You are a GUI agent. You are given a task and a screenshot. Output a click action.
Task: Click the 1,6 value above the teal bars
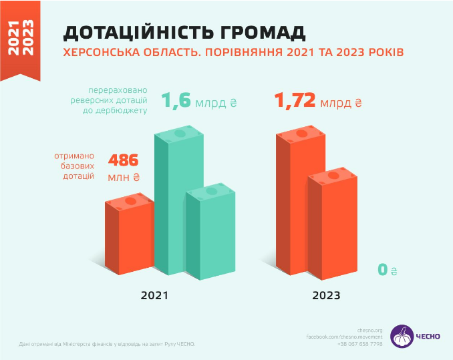point(176,102)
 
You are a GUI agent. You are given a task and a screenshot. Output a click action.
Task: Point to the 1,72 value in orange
point(294,102)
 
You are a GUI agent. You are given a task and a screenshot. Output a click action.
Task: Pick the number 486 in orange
point(123,161)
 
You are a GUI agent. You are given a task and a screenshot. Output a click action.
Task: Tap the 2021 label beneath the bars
point(154,295)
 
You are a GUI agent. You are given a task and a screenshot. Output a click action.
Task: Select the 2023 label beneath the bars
point(326,295)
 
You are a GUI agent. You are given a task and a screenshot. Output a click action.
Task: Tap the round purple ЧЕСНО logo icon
point(402,336)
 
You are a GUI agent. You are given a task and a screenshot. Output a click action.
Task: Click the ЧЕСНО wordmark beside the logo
point(428,336)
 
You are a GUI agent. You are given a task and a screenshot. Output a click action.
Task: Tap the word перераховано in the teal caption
point(118,91)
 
